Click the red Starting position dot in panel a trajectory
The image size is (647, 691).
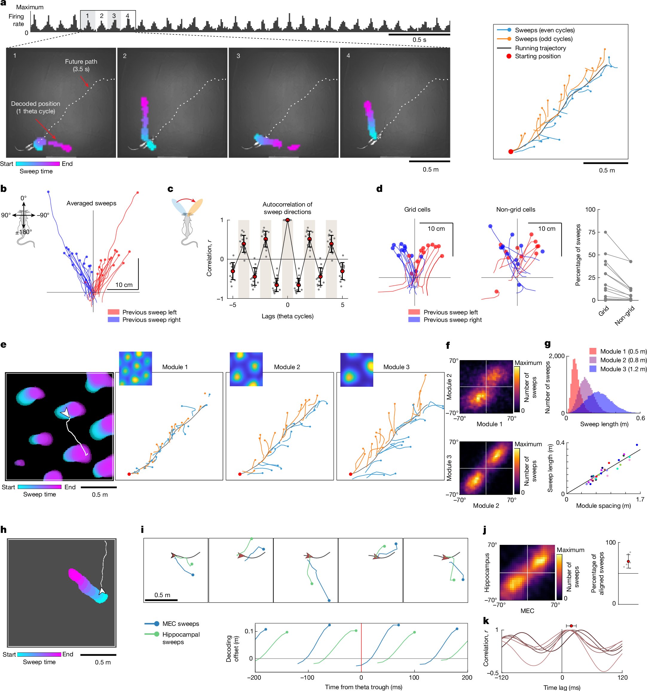(x=510, y=152)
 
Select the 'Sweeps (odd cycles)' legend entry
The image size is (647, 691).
(x=544, y=39)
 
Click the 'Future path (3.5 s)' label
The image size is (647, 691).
(x=81, y=65)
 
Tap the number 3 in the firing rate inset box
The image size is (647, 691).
(x=114, y=16)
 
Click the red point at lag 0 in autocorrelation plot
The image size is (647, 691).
(x=287, y=220)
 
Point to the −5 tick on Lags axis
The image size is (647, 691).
(x=232, y=305)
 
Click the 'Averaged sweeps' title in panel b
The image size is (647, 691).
(x=91, y=203)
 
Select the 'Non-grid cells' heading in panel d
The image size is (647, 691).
(x=515, y=210)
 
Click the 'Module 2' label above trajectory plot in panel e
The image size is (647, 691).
(x=287, y=367)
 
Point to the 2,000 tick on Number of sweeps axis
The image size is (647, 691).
(x=557, y=356)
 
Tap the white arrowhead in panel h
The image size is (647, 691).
(x=103, y=591)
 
